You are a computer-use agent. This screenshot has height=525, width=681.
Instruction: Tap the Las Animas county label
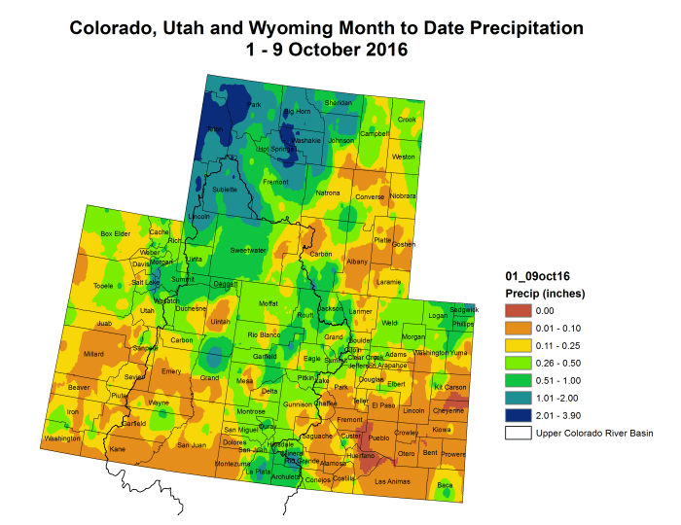point(394,481)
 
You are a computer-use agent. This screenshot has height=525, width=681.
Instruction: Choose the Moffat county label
point(268,303)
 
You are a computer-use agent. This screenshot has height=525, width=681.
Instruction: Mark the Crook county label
point(407,120)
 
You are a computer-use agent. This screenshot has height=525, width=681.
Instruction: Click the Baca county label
point(445,484)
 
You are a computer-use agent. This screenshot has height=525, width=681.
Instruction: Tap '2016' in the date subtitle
point(380,49)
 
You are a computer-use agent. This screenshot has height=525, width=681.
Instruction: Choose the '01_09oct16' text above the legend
point(533,276)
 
